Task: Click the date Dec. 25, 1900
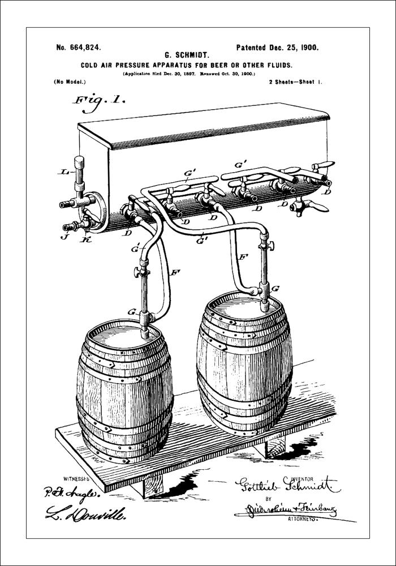[292, 48]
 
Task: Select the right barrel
[244, 362]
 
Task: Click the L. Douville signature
[85, 514]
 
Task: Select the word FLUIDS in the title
[276, 65]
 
